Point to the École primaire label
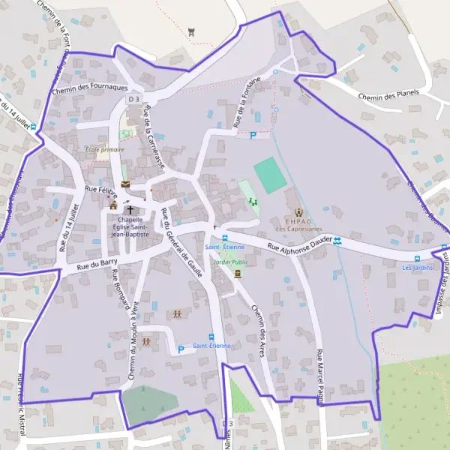[104, 149]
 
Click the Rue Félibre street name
[101, 190]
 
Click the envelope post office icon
[124, 184]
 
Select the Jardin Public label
[229, 262]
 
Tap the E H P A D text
[299, 221]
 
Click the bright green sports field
[269, 175]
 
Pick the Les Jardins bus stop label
[418, 267]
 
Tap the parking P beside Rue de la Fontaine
[253, 136]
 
